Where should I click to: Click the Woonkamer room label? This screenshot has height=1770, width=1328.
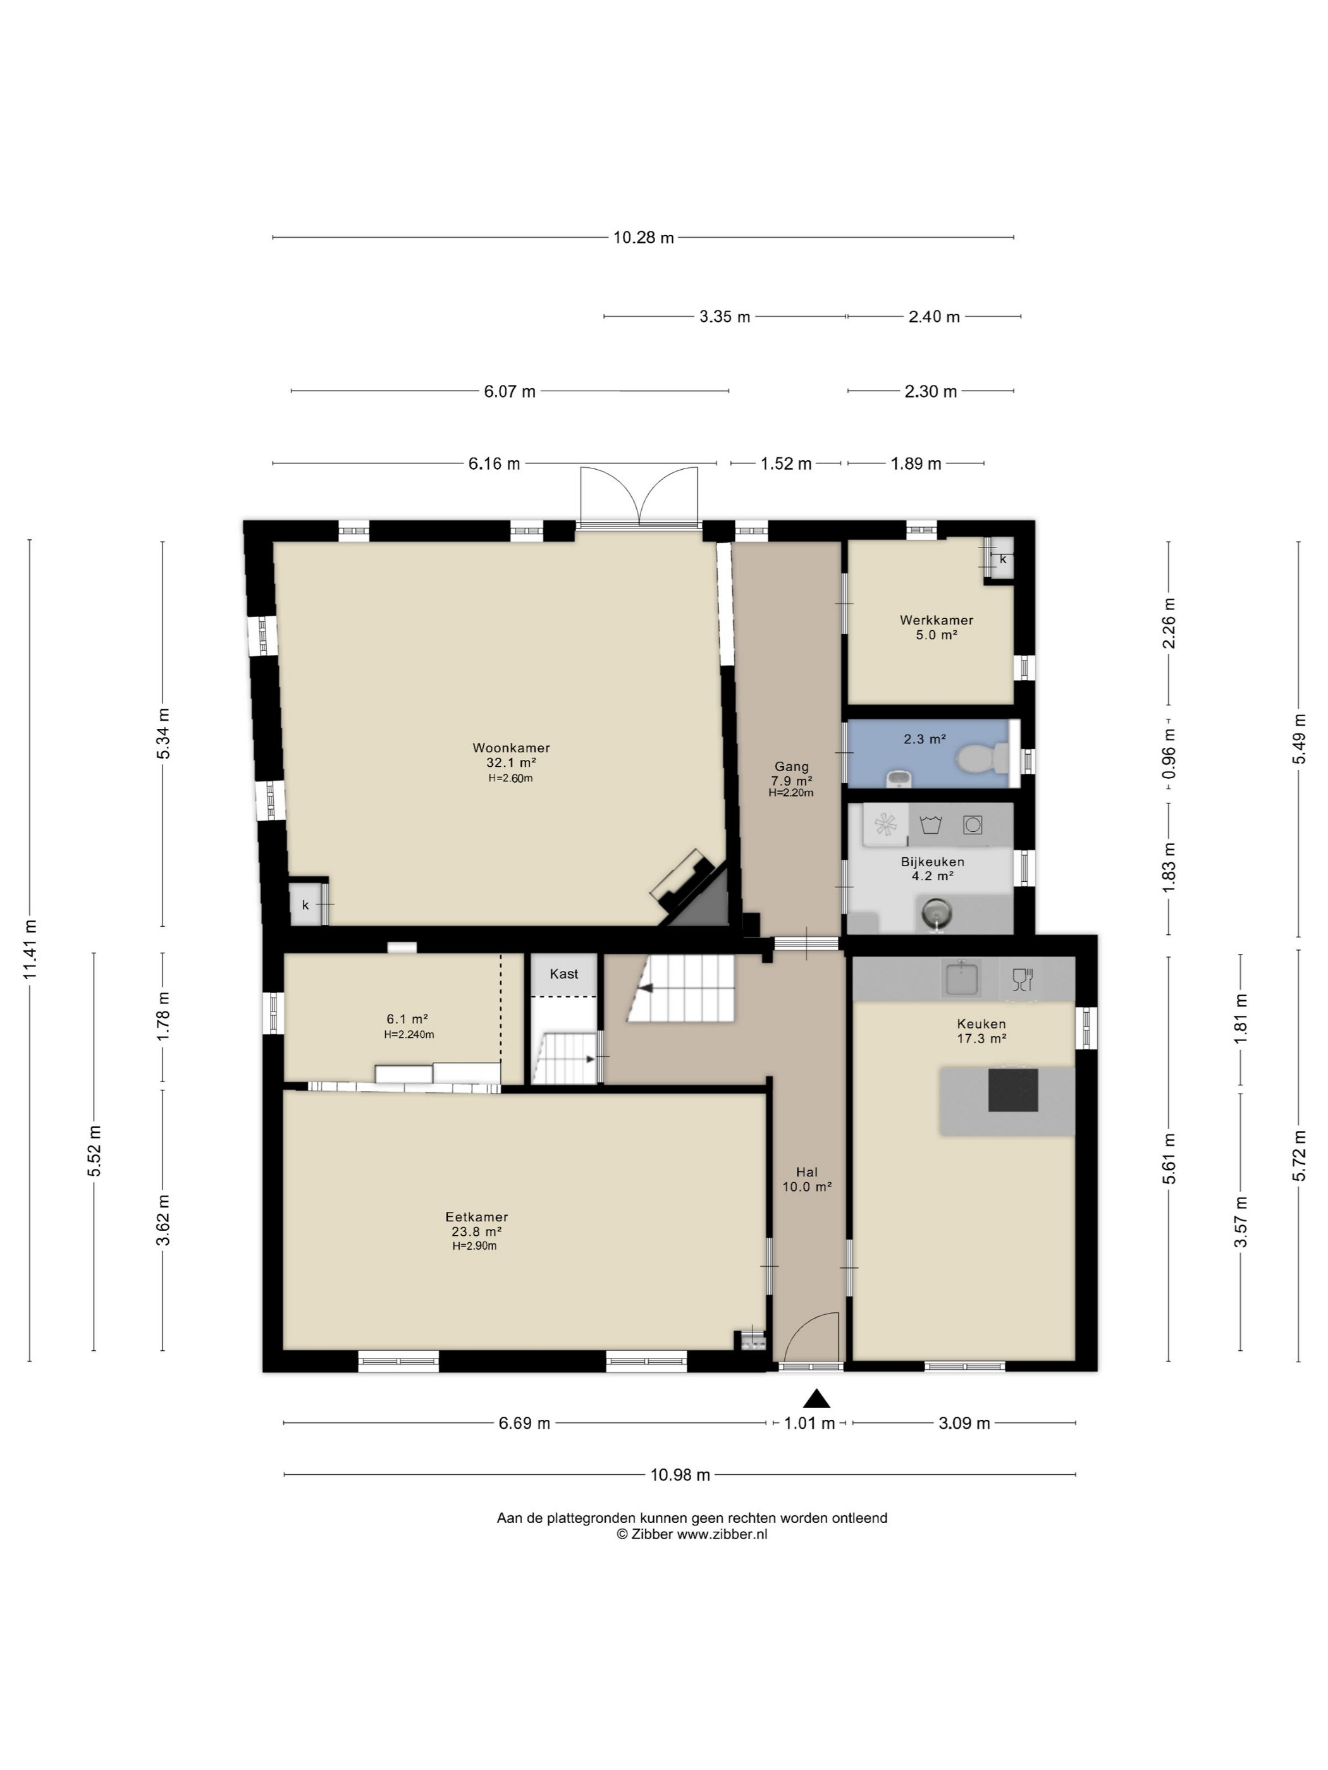click(511, 747)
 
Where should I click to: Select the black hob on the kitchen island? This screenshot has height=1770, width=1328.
click(1012, 1090)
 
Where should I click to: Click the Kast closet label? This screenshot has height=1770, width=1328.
click(563, 974)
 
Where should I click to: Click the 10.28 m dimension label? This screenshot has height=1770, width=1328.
click(644, 237)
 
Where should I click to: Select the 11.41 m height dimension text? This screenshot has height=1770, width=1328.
click(30, 949)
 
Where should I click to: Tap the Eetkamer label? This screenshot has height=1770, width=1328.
click(476, 1217)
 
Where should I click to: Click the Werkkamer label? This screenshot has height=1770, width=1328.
click(937, 619)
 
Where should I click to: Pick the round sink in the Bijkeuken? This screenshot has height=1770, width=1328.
click(935, 912)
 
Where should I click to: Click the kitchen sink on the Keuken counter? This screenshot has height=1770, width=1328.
click(961, 979)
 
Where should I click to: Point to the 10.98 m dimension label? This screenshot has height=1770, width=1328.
click(680, 1475)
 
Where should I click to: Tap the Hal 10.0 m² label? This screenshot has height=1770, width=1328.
click(807, 1180)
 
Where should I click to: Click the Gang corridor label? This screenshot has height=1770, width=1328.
click(792, 767)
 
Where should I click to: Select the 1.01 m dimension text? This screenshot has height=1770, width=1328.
click(809, 1423)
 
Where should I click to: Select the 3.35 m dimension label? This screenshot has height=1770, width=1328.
click(725, 317)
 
